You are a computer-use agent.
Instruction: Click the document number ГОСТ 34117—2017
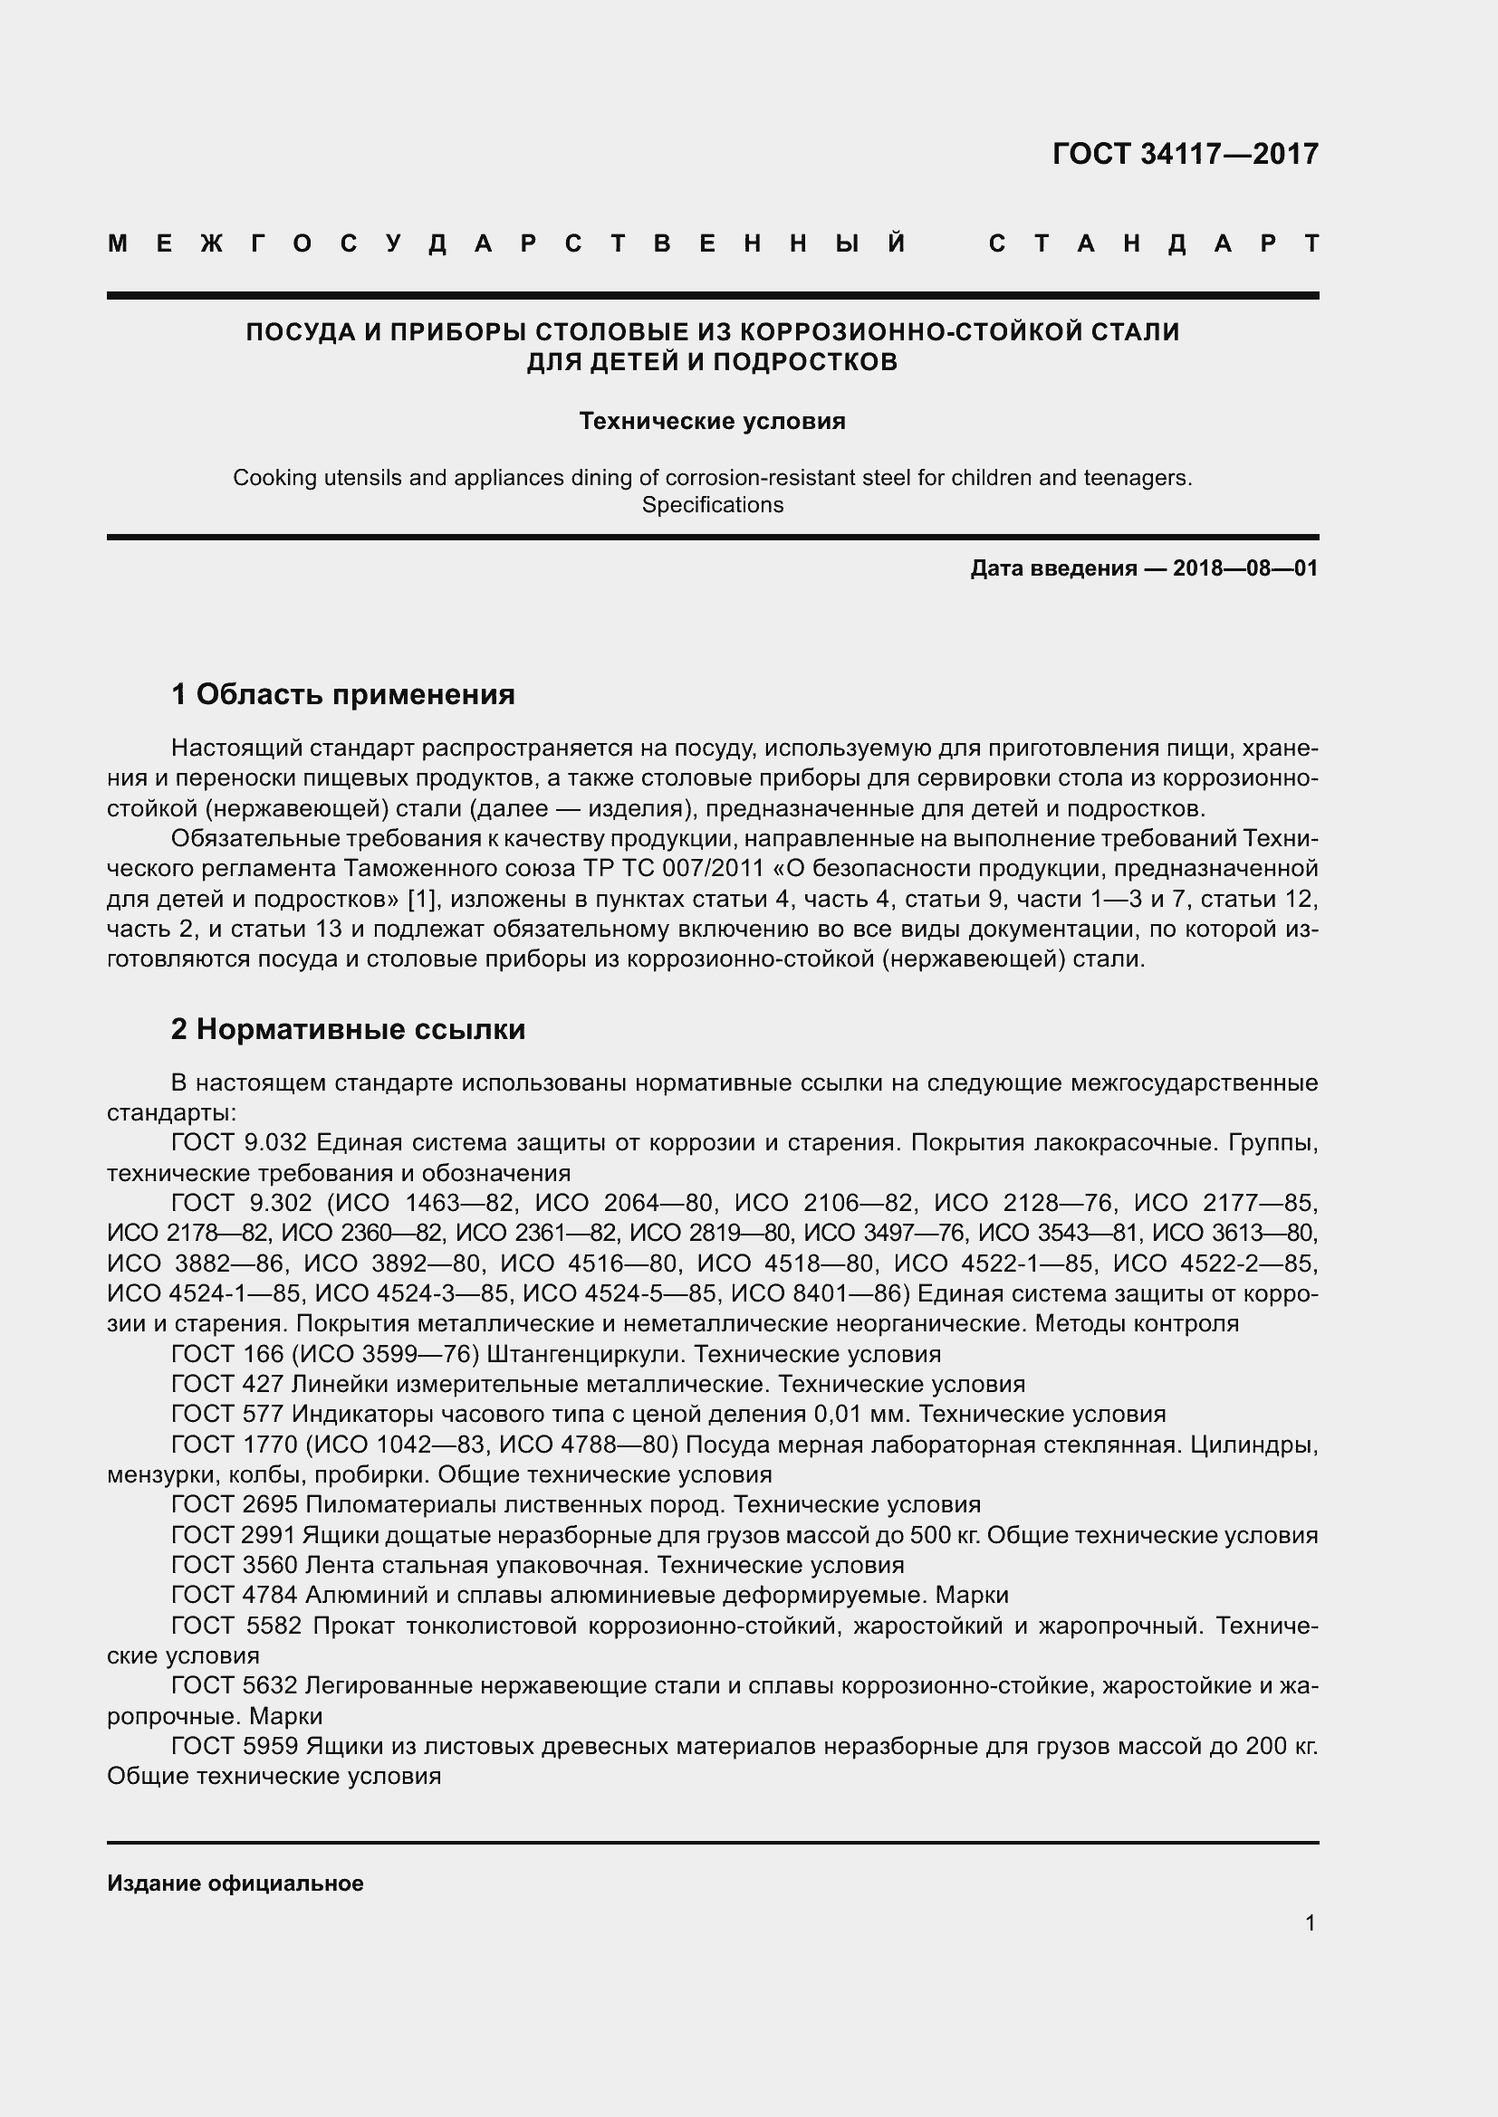click(x=1185, y=154)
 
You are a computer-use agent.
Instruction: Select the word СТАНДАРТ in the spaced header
click(x=1153, y=244)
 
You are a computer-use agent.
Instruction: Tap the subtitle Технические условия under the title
click(x=712, y=422)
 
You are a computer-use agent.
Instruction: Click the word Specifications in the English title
click(x=712, y=505)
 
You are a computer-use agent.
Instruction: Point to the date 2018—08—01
click(x=1245, y=568)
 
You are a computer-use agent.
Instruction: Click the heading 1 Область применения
click(x=342, y=694)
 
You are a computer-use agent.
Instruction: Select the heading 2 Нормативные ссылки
click(x=348, y=1029)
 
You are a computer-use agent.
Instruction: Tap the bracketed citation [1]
click(x=421, y=899)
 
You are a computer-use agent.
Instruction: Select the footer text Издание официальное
click(x=235, y=1883)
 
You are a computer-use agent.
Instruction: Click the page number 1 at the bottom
click(x=1310, y=1923)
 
